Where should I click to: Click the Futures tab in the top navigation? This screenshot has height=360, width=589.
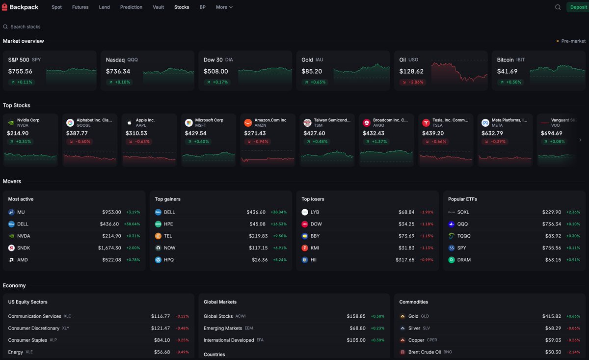80,7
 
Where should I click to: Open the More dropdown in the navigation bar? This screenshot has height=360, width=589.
224,7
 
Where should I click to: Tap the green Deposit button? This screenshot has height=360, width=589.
578,7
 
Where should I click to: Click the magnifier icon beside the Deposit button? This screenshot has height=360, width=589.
558,7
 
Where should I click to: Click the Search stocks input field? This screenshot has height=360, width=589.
25,27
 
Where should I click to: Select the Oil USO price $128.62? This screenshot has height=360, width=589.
411,71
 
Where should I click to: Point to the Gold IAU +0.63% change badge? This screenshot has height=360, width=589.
315,82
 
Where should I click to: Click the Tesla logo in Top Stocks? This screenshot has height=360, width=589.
426,123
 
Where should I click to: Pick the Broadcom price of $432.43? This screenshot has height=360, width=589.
374,133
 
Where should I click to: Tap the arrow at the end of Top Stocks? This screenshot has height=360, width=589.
580,140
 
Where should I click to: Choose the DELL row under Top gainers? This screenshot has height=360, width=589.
221,212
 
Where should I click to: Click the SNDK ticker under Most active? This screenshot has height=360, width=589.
24,248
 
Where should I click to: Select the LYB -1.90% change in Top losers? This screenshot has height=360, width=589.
427,212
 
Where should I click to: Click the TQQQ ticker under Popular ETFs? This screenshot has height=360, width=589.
464,236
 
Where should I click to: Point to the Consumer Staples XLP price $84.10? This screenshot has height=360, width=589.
162,340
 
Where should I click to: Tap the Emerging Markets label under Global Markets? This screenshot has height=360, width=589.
223,328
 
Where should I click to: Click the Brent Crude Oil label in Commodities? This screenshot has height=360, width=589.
425,352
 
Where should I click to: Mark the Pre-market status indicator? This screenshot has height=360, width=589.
571,41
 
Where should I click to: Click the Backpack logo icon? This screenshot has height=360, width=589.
4,7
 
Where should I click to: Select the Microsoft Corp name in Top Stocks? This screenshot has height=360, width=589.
209,120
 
